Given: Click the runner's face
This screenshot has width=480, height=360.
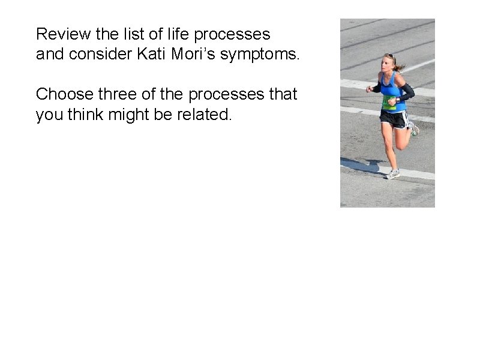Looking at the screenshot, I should pyautogui.click(x=388, y=64).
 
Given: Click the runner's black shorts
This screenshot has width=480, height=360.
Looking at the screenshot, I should pyautogui.click(x=394, y=119).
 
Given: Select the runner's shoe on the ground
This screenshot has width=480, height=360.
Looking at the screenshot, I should pyautogui.click(x=392, y=173).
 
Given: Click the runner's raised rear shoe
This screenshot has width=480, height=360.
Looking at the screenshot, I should pyautogui.click(x=413, y=128).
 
